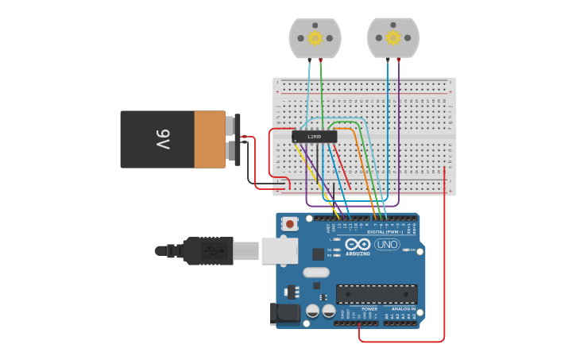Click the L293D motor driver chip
tap(314, 137)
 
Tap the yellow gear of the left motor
tap(315, 37)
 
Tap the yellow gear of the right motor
tap(393, 37)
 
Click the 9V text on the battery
tap(162, 140)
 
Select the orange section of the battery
tap(210, 139)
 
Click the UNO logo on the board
tap(387, 244)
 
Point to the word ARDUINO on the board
tap(358, 254)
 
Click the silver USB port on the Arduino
tap(279, 250)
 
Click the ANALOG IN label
tap(403, 308)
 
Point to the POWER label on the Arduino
tap(347, 308)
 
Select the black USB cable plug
tap(208, 250)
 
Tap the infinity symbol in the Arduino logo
tap(358, 244)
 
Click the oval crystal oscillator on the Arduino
tap(315, 273)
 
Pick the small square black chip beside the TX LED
tap(318, 254)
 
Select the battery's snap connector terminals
tap(237, 139)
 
